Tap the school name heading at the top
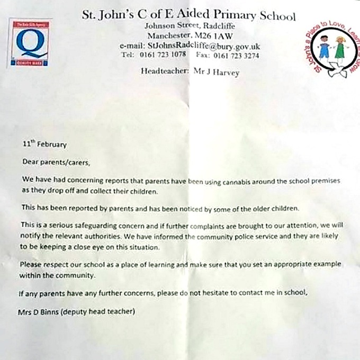pyautogui.click(x=189, y=16)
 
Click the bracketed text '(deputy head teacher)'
pyautogui.click(x=98, y=312)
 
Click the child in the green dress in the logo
pyautogui.click(x=340, y=49)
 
